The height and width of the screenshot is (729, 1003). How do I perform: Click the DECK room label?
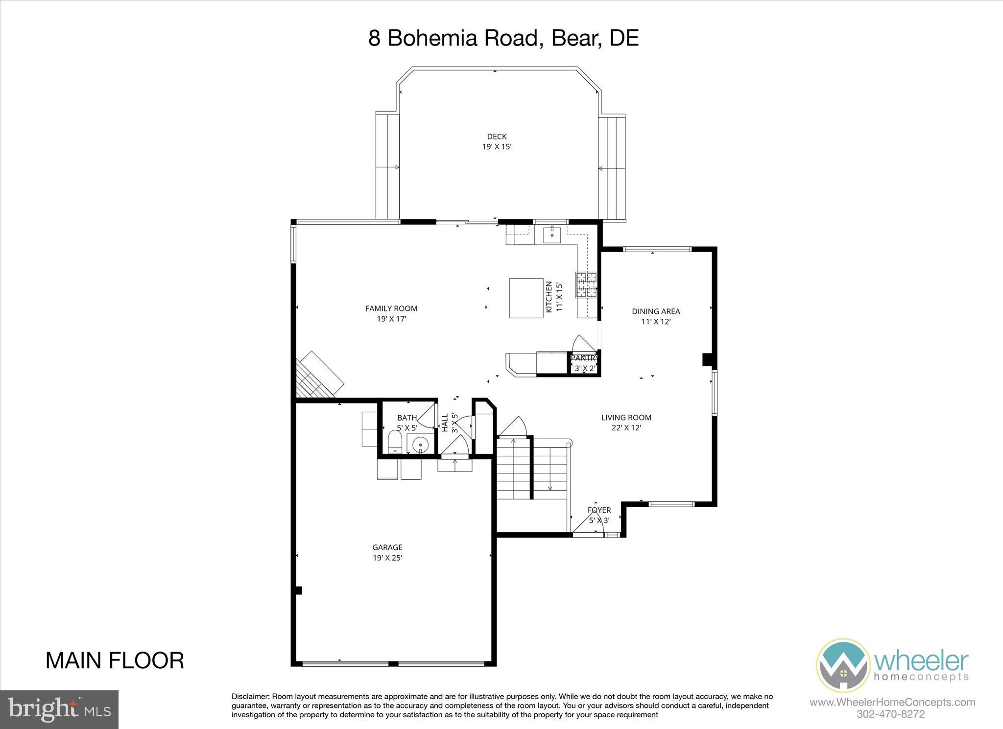click(497, 137)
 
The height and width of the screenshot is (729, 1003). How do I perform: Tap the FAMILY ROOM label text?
click(391, 308)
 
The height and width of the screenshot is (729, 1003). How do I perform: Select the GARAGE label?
click(387, 547)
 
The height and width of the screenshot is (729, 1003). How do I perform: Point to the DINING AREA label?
click(656, 311)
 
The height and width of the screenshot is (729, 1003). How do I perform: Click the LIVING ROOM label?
click(626, 418)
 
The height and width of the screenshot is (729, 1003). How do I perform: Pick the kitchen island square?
click(526, 298)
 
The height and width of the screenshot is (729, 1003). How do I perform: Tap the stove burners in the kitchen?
click(587, 285)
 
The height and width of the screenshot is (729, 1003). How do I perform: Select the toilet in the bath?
click(394, 443)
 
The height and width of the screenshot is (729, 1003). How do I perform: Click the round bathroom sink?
click(420, 446)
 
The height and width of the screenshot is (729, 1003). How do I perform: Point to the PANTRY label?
click(584, 358)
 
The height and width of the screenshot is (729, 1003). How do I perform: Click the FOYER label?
click(599, 510)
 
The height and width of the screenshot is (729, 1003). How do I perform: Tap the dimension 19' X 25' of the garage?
click(387, 558)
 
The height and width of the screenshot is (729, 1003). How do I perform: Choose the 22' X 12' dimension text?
click(626, 428)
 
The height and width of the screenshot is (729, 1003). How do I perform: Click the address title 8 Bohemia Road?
click(503, 38)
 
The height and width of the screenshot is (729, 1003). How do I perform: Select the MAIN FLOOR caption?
click(115, 660)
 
